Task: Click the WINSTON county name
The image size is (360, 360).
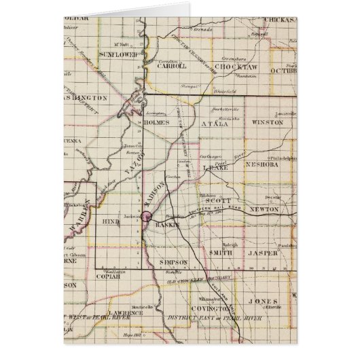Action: click(266, 123)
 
